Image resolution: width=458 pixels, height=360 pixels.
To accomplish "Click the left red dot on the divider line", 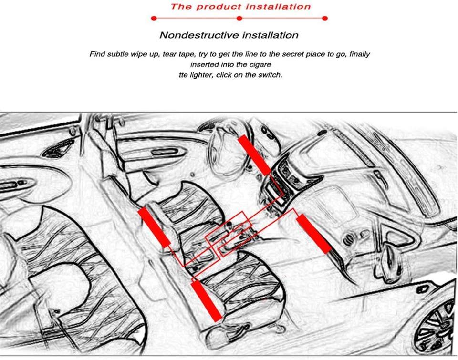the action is click(154, 18).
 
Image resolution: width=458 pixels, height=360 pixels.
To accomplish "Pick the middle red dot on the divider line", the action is click(239, 18).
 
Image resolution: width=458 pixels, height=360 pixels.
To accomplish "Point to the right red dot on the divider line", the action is click(325, 18).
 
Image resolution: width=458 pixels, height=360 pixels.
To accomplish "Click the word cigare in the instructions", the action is click(260, 64).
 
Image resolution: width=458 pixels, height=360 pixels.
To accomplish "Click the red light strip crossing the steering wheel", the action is click(254, 155).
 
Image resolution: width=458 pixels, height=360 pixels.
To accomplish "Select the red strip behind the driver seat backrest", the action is click(154, 228).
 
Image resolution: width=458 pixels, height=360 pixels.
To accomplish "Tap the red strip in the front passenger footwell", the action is click(314, 234).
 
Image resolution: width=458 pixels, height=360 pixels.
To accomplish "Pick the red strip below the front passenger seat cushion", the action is click(206, 301).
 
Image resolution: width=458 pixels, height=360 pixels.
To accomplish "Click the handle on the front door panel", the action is click(164, 152).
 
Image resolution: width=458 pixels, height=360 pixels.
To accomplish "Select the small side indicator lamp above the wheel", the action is click(422, 289).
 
